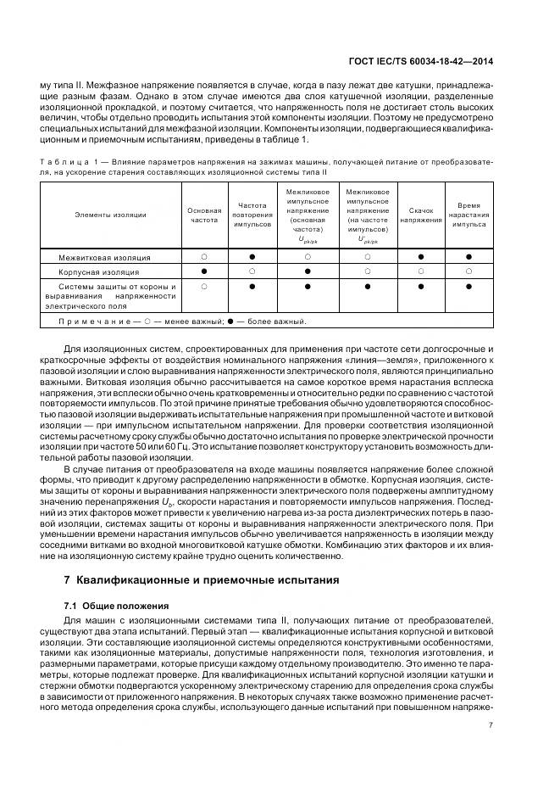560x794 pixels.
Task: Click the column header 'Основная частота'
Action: (204, 215)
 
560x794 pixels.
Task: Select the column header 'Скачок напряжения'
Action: (421, 215)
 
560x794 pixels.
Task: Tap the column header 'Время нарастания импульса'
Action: (469, 215)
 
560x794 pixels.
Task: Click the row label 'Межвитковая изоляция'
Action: (104, 256)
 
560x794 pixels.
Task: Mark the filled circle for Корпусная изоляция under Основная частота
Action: (204, 271)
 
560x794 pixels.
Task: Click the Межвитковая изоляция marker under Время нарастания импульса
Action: (469, 255)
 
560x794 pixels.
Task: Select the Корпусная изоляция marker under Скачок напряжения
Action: (421, 271)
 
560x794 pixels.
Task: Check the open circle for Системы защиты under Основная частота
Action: (204, 288)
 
